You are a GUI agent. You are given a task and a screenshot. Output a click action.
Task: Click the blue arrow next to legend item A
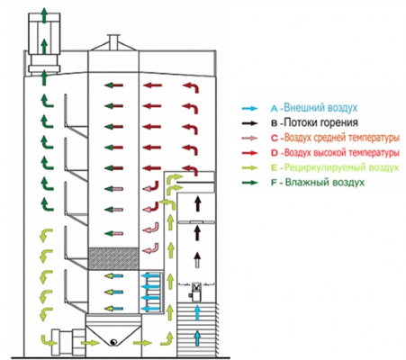pos(250,108)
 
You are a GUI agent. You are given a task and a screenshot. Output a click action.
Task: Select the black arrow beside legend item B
pos(250,123)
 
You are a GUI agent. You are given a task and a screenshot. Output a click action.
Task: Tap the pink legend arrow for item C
pos(250,138)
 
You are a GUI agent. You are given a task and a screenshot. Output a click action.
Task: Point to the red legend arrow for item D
pos(250,153)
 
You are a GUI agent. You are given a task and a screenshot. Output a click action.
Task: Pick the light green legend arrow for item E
pos(250,167)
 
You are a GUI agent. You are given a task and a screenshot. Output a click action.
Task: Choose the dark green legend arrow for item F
pos(250,183)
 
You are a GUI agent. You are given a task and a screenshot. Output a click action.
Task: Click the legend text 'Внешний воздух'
pos(320,108)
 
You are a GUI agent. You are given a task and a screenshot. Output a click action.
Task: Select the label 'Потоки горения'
pos(320,122)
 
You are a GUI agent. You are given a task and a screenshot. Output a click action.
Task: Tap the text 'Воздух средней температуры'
pos(342,138)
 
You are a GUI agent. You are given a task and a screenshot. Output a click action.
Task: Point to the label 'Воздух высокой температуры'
pos(342,153)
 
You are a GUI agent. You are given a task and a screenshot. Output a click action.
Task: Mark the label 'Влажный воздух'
pos(325,182)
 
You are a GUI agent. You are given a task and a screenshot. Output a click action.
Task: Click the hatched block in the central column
pos(113,258)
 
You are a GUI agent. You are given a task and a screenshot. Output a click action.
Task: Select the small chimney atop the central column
pos(113,42)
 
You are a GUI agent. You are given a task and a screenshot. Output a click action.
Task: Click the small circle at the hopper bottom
pos(113,342)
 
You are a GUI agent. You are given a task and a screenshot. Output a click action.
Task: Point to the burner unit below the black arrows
pos(197,292)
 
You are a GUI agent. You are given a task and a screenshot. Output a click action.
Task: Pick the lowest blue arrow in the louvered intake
pos(197,338)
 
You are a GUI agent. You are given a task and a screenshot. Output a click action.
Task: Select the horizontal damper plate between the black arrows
pos(196,222)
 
